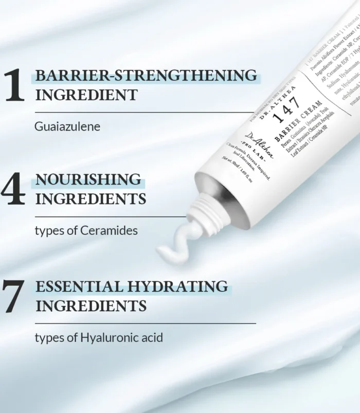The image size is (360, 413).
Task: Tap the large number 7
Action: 14,296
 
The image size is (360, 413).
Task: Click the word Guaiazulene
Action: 67,126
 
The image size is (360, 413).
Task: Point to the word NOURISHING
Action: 88,179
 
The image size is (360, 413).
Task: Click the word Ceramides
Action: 109,231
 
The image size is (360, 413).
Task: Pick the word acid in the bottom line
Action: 151,337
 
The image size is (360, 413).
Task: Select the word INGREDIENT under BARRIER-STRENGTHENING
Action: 86,95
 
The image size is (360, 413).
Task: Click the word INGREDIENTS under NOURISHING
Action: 91,198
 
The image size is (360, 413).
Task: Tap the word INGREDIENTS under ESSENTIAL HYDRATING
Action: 91,306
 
